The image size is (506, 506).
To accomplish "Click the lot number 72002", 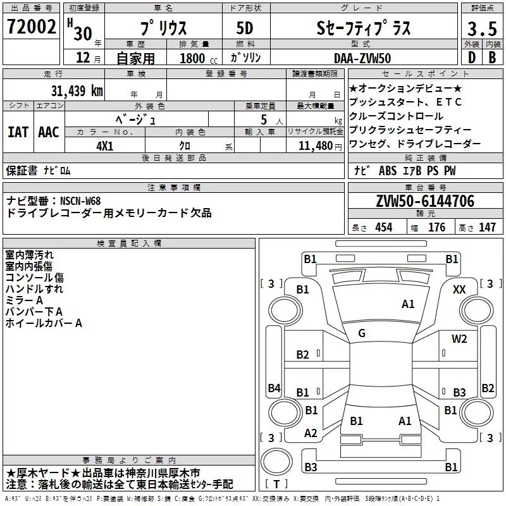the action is point(31,27).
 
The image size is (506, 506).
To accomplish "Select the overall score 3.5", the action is point(482,28).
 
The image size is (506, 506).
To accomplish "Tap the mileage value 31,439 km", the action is point(77,91).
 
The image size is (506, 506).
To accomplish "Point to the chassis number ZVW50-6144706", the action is point(425,201).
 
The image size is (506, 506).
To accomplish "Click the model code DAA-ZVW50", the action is point(362,58).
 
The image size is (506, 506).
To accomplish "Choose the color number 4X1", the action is point(105,146).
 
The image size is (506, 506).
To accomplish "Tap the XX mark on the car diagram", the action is point(459,290).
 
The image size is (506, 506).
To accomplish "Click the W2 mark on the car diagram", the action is point(459,338).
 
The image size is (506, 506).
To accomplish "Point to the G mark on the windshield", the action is point(362,333).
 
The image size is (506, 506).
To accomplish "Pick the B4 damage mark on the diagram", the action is point(275,388).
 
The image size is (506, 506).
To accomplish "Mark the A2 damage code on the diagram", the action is point(311,433).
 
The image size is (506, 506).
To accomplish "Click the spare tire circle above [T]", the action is point(276,462).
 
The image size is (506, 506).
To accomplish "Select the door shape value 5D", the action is point(245,28).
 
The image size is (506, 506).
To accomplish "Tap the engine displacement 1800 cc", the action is point(199,58).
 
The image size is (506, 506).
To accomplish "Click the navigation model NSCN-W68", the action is point(80,201).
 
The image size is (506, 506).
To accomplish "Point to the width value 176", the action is point(436,227).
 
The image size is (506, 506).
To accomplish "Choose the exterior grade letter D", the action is point(472,58).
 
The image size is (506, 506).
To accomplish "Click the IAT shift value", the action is point(18,132).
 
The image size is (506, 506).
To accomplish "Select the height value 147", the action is point(487,227).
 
